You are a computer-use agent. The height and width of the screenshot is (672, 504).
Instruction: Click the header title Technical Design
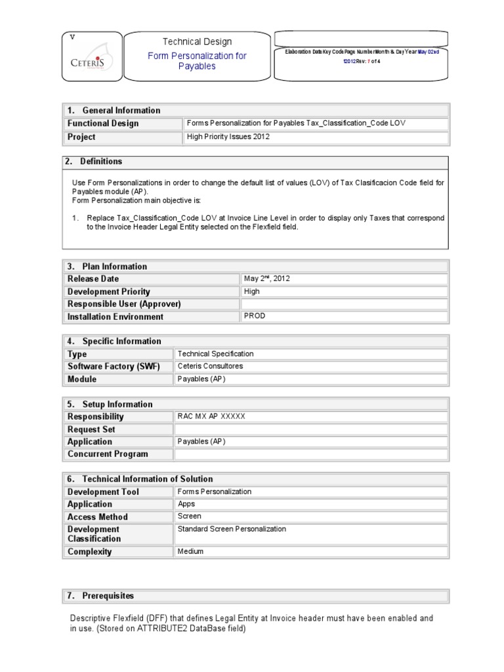click(197, 41)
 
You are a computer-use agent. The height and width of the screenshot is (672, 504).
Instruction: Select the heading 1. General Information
click(114, 110)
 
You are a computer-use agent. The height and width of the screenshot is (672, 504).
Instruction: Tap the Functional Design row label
click(103, 123)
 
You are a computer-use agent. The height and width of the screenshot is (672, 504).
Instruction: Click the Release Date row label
click(93, 279)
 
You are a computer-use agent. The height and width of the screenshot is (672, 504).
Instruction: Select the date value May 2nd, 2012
click(266, 278)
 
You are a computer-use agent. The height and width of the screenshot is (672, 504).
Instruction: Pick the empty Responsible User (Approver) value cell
click(344, 304)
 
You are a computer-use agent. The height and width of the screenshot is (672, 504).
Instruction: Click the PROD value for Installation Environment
click(255, 316)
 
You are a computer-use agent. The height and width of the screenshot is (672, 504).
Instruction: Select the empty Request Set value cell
click(311, 429)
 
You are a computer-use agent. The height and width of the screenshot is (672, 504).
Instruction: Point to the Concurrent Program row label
click(108, 454)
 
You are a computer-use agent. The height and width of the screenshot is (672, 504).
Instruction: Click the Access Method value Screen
click(190, 516)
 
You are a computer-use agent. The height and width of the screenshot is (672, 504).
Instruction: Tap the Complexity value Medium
click(190, 551)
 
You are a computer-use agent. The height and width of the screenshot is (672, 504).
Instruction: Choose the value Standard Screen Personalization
click(232, 529)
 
